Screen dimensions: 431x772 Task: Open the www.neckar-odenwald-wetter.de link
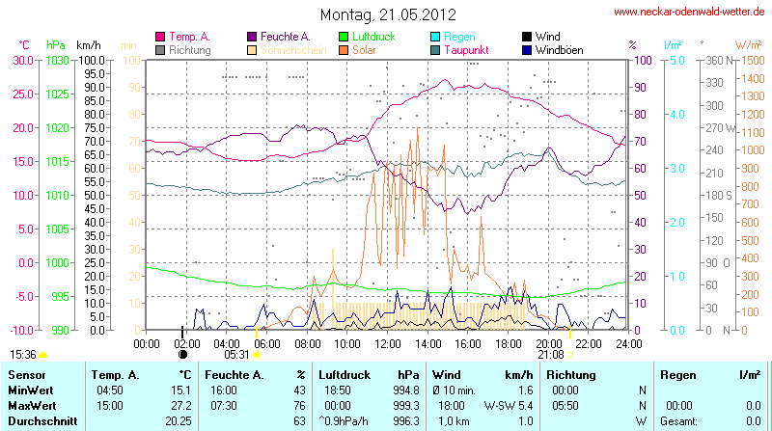point(690,12)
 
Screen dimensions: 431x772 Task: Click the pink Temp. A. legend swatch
point(160,36)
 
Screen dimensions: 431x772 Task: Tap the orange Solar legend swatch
point(345,49)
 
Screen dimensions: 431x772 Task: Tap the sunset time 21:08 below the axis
point(550,354)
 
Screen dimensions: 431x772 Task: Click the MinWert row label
point(30,390)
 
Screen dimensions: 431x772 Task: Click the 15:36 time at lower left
point(23,354)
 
